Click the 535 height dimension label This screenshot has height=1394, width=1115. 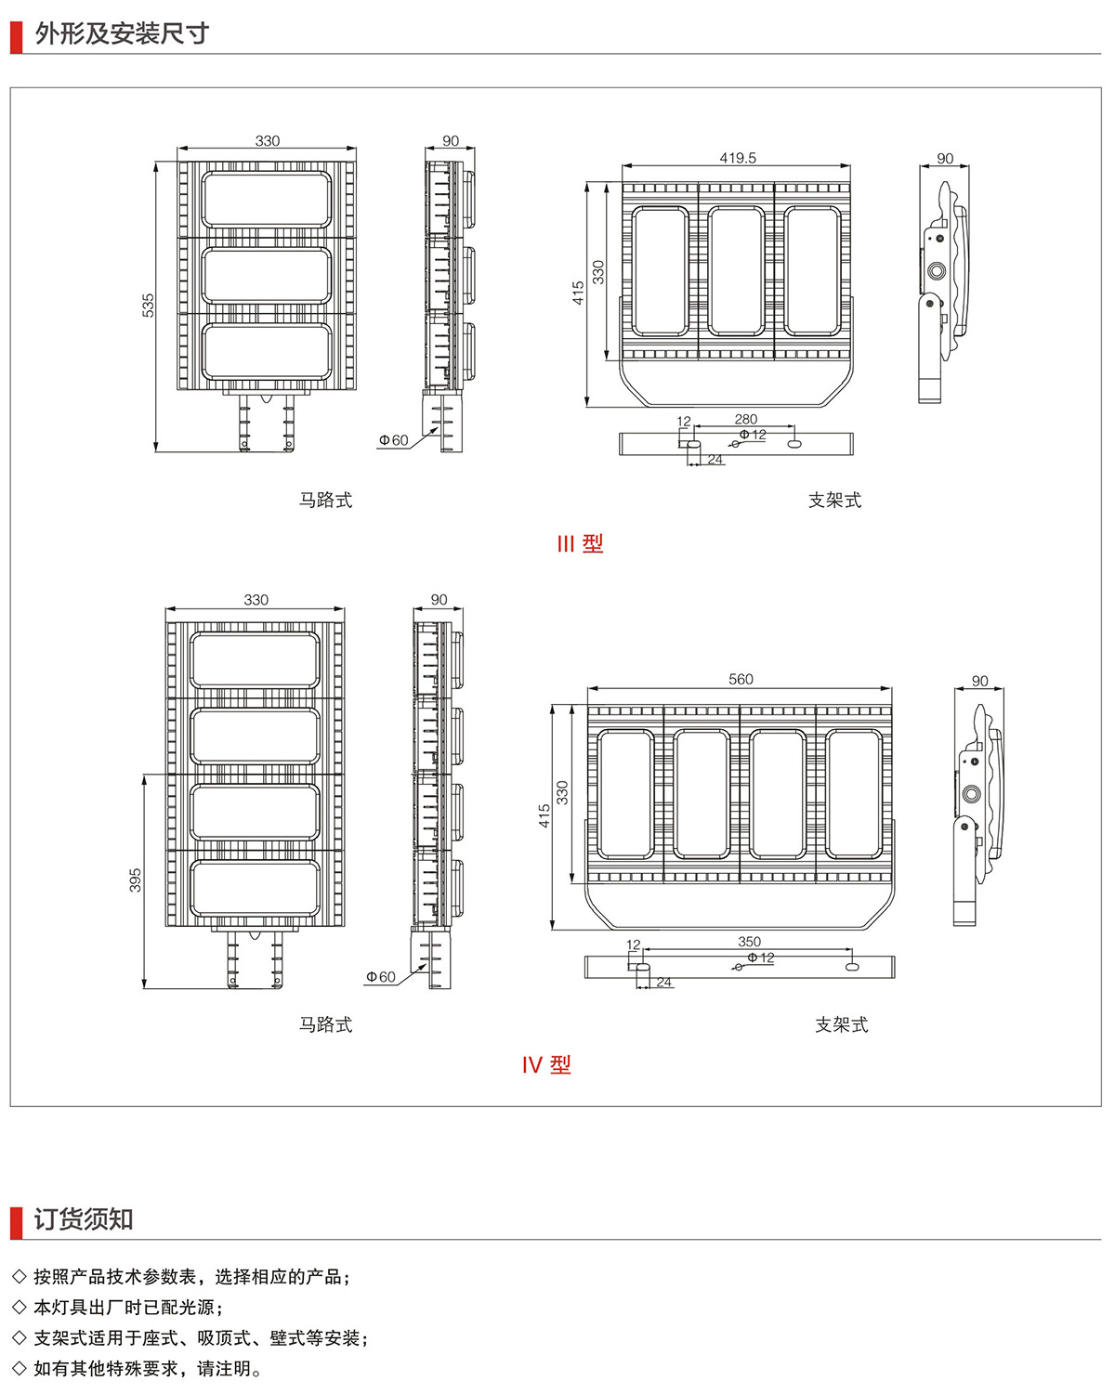(x=148, y=306)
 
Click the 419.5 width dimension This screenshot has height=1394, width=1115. (x=738, y=158)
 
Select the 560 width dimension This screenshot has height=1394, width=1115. (x=741, y=679)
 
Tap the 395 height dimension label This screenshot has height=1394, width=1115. (x=135, y=880)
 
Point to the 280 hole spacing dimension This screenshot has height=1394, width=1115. (x=745, y=419)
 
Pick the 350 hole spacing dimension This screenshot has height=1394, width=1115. (x=749, y=941)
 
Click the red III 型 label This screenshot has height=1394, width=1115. (x=580, y=543)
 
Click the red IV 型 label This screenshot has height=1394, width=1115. (x=546, y=1064)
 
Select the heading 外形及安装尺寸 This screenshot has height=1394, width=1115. (x=122, y=33)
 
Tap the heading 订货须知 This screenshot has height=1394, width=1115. (x=84, y=1219)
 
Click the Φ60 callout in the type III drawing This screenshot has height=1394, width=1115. (x=393, y=440)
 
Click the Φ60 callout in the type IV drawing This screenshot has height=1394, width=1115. (x=381, y=977)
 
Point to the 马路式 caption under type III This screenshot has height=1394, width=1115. (x=325, y=500)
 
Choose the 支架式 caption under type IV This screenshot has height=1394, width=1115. (x=842, y=1024)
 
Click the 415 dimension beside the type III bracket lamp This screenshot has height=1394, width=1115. (x=578, y=293)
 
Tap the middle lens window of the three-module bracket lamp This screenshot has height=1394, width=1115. (x=736, y=271)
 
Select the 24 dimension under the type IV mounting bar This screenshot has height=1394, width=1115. (x=663, y=982)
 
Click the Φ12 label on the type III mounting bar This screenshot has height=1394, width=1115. (x=753, y=435)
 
